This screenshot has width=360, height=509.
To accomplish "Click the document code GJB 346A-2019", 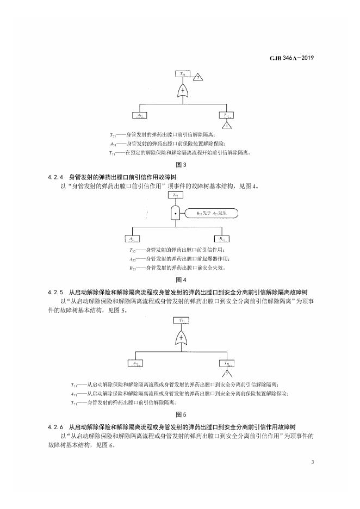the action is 293,57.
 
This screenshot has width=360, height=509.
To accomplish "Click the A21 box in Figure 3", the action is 140,115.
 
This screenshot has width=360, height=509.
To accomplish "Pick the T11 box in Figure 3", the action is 226,115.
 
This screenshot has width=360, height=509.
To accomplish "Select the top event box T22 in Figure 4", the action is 175,195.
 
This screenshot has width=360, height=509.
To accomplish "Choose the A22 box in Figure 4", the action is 133,238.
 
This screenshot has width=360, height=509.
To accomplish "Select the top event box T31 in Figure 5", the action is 181,321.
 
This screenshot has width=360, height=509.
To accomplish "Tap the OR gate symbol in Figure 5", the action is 181,339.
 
